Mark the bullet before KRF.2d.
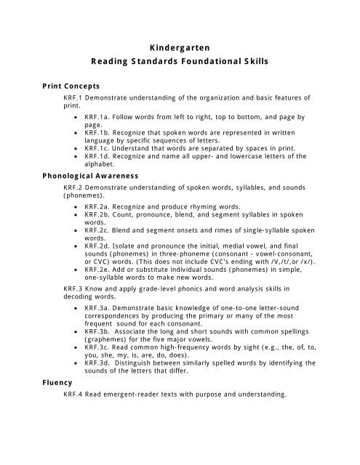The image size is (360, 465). [78, 246]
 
